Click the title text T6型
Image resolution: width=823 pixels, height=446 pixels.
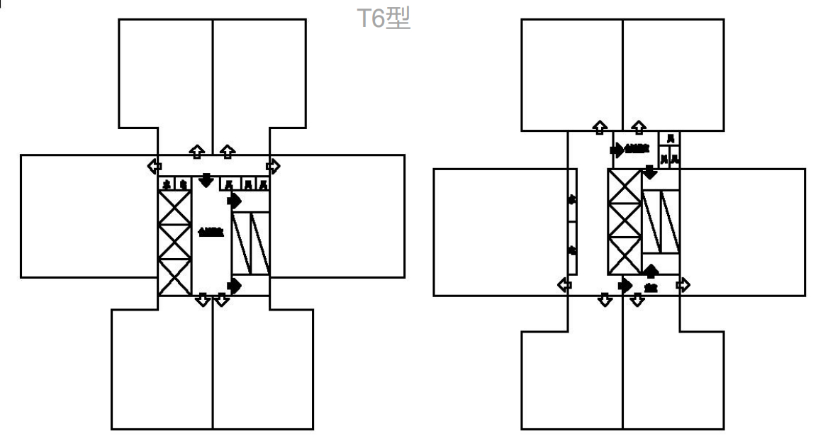coord(383,19)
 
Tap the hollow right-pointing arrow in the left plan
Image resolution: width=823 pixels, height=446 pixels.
coord(273,167)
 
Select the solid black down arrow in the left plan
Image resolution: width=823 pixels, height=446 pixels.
coord(206,180)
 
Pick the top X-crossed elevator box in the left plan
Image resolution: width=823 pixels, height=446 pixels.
coord(174,208)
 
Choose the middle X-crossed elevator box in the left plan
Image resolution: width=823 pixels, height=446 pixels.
coord(174,242)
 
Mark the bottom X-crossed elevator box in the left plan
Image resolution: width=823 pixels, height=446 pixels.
coord(174,277)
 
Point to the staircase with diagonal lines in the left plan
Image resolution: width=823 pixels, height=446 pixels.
coord(250,243)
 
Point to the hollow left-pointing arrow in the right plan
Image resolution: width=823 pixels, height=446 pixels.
coord(565,285)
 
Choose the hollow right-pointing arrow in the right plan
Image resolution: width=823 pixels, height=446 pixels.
coord(683,285)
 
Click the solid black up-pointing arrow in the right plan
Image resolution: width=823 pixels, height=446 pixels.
coord(651,271)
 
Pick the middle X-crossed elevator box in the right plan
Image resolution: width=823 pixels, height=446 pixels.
coord(625,221)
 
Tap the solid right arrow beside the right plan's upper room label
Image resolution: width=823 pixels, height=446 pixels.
coord(617,150)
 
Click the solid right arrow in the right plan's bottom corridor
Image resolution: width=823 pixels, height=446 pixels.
coord(625,285)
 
